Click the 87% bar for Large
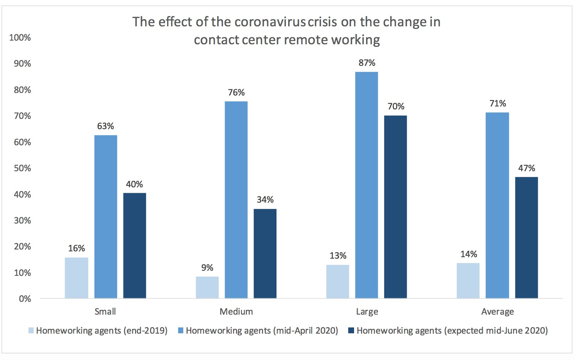pyautogui.click(x=367, y=185)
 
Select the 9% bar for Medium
pyautogui.click(x=207, y=287)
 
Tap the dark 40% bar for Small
pyautogui.click(x=135, y=245)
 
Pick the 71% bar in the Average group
pyautogui.click(x=497, y=205)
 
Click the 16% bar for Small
pyautogui.click(x=76, y=278)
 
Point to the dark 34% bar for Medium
pyautogui.click(x=265, y=254)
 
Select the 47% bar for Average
pyautogui.click(x=526, y=237)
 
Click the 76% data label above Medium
pyautogui.click(x=236, y=93)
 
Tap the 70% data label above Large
pyautogui.click(x=396, y=106)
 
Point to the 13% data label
pyautogui.click(x=338, y=255)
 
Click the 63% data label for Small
pyautogui.click(x=105, y=126)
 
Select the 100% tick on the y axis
pyautogui.click(x=20, y=37)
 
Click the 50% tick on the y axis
pyautogui.click(x=22, y=168)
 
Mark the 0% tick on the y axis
pyautogui.click(x=25, y=299)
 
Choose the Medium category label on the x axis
pyautogui.click(x=236, y=311)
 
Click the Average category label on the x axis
pyautogui.click(x=497, y=312)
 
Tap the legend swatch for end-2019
pyautogui.click(x=31, y=330)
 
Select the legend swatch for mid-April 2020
pyautogui.click(x=181, y=330)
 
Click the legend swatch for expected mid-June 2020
pyautogui.click(x=351, y=330)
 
